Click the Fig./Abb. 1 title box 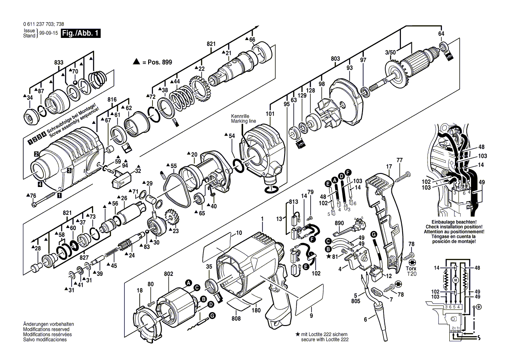pos(80,33)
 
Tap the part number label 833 pos(58,63)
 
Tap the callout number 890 pos(339,222)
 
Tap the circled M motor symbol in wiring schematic pos(455,279)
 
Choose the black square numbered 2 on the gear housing pos(37,153)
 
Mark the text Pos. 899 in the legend pos(158,62)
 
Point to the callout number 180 pos(256,310)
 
